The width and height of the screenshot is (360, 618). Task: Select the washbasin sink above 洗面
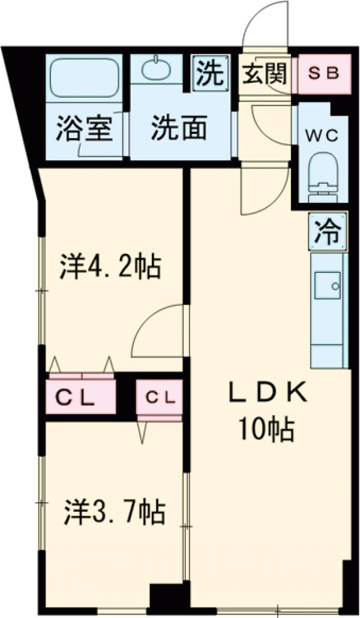point(157,70)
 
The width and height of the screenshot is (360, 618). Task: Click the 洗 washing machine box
point(210,73)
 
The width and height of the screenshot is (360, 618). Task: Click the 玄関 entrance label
point(264,74)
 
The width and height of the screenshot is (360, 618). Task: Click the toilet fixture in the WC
point(323,174)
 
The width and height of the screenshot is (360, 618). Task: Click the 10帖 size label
point(266,429)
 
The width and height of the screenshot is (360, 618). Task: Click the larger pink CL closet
point(82,396)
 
